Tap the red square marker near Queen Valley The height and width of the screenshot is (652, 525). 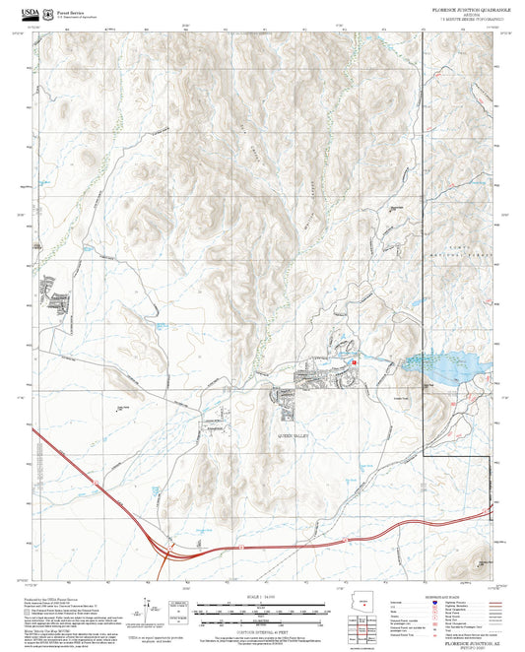pyautogui.click(x=354, y=363)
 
